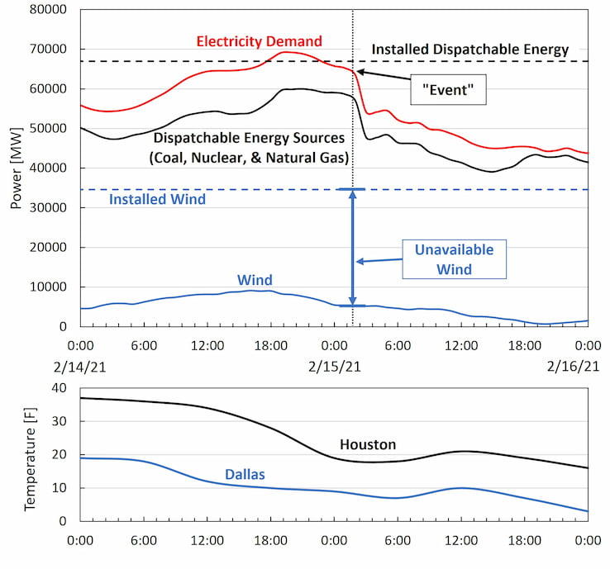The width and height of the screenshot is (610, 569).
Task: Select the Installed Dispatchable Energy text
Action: [469, 50]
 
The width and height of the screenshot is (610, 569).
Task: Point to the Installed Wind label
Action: [158, 199]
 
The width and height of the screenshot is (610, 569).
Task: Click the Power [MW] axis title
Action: [16, 168]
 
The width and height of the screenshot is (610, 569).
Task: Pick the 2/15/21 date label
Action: [334, 365]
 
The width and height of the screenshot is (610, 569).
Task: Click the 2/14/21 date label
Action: [81, 365]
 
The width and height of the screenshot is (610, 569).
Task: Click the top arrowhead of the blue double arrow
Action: [353, 194]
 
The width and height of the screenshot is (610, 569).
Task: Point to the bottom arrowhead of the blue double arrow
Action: [353, 302]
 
